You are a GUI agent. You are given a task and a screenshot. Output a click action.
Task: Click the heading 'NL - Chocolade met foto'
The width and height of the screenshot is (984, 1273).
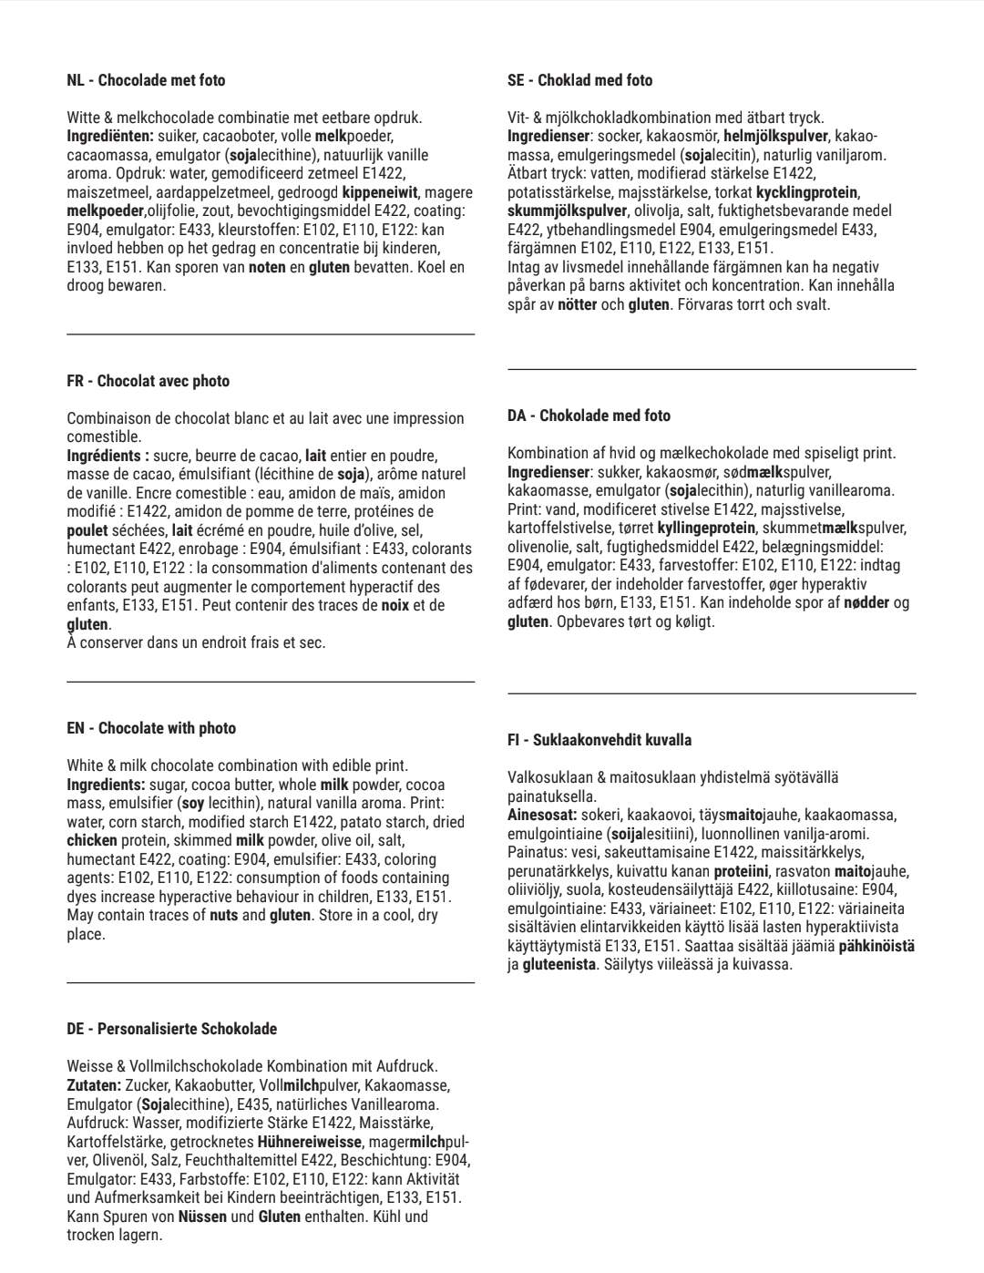[x=146, y=80]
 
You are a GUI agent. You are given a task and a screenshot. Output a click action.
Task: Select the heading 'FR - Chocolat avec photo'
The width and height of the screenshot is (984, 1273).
[x=148, y=381]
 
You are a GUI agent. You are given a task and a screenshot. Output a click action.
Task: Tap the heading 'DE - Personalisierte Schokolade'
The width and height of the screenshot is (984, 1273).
[x=171, y=1029]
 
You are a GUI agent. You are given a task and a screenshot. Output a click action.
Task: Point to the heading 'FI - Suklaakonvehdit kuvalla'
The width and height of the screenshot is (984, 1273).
[x=599, y=740]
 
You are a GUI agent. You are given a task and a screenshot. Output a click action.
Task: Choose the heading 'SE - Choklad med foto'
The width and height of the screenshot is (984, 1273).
[x=579, y=80]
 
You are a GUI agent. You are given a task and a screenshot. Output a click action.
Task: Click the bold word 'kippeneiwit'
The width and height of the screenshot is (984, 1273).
[x=380, y=192]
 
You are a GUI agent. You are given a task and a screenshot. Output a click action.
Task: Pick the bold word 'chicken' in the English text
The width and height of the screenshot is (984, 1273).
[x=92, y=840]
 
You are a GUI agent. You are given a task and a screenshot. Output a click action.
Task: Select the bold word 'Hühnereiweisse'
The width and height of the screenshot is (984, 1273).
[x=311, y=1142]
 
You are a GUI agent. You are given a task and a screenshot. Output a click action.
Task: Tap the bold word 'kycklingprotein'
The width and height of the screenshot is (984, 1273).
[x=807, y=192]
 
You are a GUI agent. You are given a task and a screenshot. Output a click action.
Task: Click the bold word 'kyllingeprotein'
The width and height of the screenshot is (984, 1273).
[x=706, y=528]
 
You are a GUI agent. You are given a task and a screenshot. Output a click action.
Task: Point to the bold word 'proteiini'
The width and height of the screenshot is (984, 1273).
[x=742, y=871]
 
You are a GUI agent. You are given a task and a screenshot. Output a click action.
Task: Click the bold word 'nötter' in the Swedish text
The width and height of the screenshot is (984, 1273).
[x=577, y=304]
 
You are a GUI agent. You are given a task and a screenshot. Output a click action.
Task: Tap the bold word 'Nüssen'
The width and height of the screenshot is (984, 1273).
[x=202, y=1217]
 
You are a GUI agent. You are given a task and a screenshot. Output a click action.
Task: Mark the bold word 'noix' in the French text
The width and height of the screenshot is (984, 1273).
[x=395, y=605]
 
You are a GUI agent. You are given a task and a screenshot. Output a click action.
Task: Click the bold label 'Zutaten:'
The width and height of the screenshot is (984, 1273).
[x=93, y=1085]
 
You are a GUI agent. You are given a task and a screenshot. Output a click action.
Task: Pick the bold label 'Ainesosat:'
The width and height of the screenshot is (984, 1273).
[x=541, y=815]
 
